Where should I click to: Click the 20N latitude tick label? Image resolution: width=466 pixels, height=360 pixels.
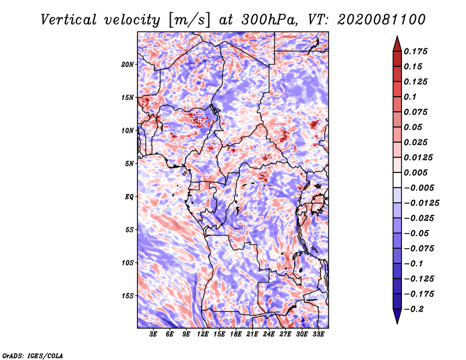click(128, 64)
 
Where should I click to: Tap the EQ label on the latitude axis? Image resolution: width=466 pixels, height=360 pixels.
click(129, 197)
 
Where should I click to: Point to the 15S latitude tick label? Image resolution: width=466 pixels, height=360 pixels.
click(128, 296)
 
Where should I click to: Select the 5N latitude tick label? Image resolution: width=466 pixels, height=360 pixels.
click(129, 164)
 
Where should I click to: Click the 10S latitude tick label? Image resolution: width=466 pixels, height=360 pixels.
click(128, 263)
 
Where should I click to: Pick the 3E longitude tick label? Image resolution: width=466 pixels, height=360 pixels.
click(153, 334)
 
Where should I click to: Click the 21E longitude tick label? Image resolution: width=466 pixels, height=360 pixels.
click(252, 334)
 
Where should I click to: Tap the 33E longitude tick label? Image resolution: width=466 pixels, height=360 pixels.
click(318, 334)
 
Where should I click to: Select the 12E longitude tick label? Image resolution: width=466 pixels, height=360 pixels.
click(203, 334)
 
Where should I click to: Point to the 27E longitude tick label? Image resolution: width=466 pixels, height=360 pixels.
click(285, 334)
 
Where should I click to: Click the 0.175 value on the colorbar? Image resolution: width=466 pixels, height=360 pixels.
click(415, 51)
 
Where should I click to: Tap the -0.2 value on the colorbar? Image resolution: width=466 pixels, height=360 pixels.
click(414, 309)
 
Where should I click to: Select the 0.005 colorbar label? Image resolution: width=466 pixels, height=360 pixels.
click(415, 172)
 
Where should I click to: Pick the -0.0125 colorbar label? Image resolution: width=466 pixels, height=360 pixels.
click(421, 203)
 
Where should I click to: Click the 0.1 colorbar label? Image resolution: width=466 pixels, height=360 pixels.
click(410, 97)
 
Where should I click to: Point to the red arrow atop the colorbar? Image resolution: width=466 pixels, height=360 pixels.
click(397, 45)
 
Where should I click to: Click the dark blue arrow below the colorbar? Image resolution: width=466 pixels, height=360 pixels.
click(397, 315)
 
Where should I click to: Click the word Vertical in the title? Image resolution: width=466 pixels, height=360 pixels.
click(69, 20)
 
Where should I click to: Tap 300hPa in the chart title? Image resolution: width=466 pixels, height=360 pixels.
click(270, 20)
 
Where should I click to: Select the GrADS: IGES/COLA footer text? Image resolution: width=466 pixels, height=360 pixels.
click(33, 355)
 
